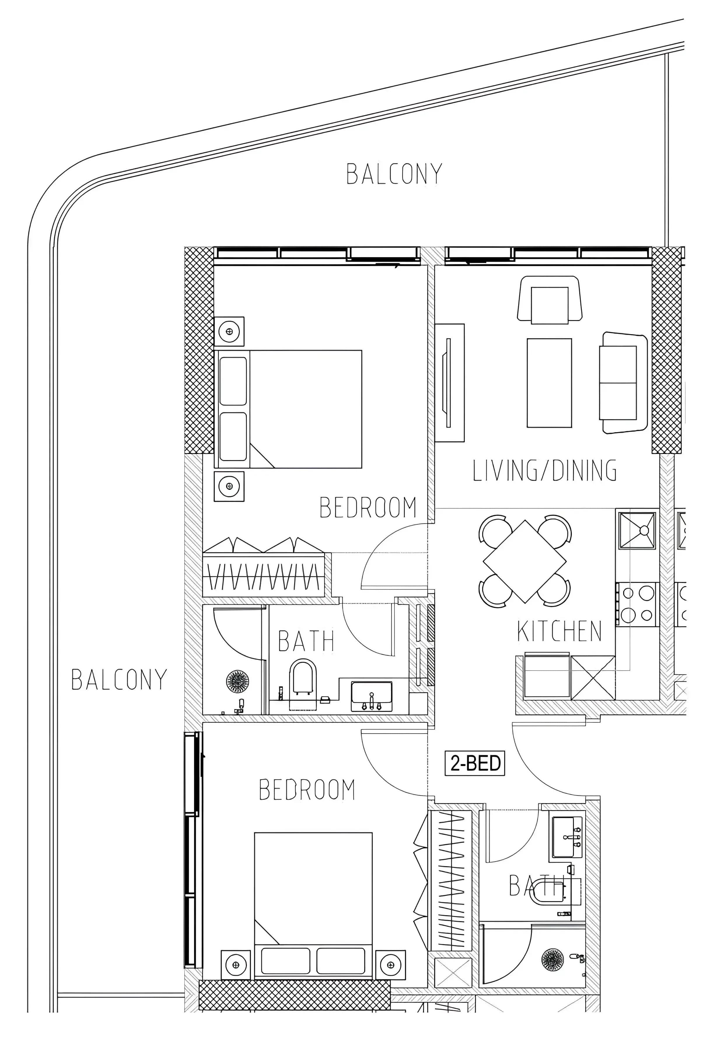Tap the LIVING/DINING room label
coord(545,470)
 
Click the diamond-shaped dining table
coord(525,561)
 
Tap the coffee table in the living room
coord(549,383)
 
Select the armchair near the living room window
coord(550,299)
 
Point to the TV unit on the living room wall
coord(450,383)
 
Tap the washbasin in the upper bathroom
coord(371,696)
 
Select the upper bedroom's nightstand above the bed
coord(229,332)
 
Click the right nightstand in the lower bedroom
coord(391,965)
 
